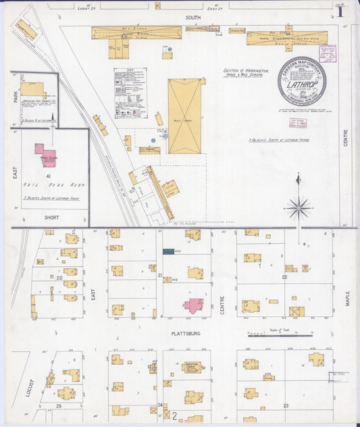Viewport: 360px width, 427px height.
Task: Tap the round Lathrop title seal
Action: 301,80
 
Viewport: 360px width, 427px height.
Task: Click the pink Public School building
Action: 46,154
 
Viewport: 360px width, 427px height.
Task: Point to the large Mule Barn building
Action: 184,116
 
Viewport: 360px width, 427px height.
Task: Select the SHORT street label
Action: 51,218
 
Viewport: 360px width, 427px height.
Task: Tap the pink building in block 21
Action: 195,305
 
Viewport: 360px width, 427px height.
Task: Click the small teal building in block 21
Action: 168,251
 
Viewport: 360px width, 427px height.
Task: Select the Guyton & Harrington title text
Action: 245,70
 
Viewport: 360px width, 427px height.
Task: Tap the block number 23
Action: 286,405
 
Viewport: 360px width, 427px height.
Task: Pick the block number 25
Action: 59,406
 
